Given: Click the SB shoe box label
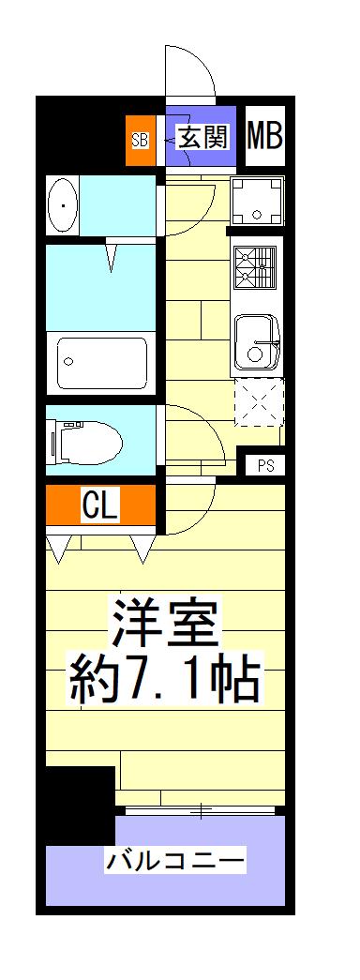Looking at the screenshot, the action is pyautogui.click(x=140, y=141).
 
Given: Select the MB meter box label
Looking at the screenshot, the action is pyautogui.click(x=265, y=136).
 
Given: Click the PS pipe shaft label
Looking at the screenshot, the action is pyautogui.click(x=265, y=465).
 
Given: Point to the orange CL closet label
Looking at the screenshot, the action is pyautogui.click(x=100, y=506).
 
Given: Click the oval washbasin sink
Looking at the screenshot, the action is pyautogui.click(x=62, y=205).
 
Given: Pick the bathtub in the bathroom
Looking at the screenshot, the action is pyautogui.click(x=102, y=363).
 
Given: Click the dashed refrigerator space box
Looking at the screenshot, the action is pyautogui.click(x=259, y=402).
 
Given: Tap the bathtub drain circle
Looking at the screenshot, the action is pyautogui.click(x=69, y=361).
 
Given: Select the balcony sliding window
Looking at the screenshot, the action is pyautogui.click(x=200, y=810).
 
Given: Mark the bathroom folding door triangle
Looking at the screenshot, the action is pyautogui.click(x=112, y=255).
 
